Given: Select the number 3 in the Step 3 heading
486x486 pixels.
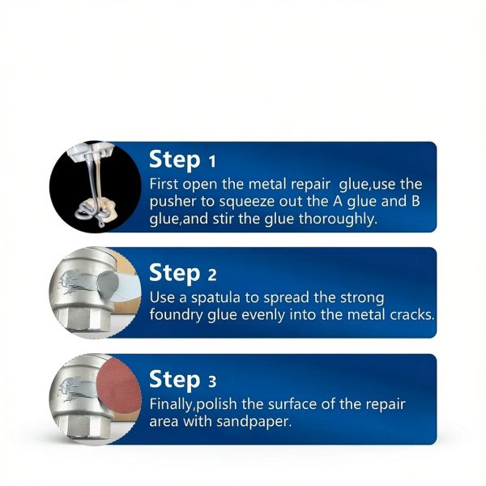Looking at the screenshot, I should click(211, 380).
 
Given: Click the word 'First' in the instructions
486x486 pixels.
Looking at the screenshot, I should click(166, 184).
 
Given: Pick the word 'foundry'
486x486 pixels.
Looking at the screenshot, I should click(177, 314).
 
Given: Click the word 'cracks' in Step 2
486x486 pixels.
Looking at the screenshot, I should click(411, 314).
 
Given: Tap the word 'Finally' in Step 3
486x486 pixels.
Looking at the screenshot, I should click(175, 403).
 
